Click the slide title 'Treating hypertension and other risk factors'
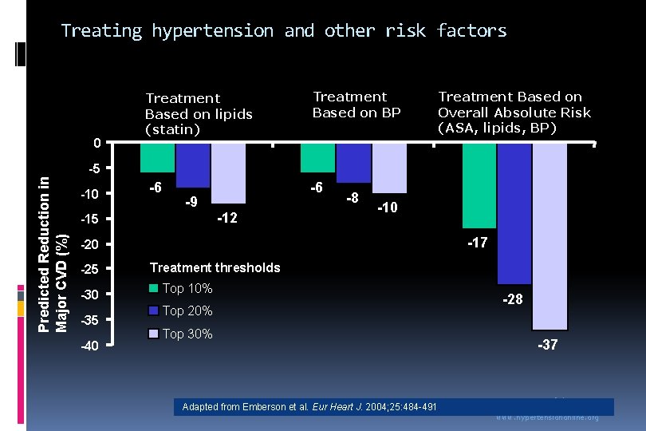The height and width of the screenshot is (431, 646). tap(283, 31)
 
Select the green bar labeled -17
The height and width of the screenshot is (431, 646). tap(479, 185)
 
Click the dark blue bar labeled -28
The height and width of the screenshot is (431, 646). tap(514, 213)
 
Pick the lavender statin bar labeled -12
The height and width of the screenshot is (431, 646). tap(228, 173)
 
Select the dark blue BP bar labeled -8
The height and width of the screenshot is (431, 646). tap(353, 163)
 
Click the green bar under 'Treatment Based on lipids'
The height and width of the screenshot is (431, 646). tap(157, 158)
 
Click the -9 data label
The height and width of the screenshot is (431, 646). tap(191, 203)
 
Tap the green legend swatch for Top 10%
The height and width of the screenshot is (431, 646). tap(155, 289)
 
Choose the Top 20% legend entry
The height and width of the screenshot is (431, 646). tap(187, 311)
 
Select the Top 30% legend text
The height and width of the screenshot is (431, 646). tap(187, 334)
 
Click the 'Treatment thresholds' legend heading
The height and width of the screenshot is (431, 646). tap(215, 267)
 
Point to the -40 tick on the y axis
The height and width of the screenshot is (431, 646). tap(89, 346)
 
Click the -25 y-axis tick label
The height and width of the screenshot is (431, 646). tap(89, 270)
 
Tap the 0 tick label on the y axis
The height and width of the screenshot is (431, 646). tap(95, 144)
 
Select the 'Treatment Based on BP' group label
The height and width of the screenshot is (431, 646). tap(356, 105)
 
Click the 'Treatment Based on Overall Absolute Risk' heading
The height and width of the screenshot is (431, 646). tap(514, 112)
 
